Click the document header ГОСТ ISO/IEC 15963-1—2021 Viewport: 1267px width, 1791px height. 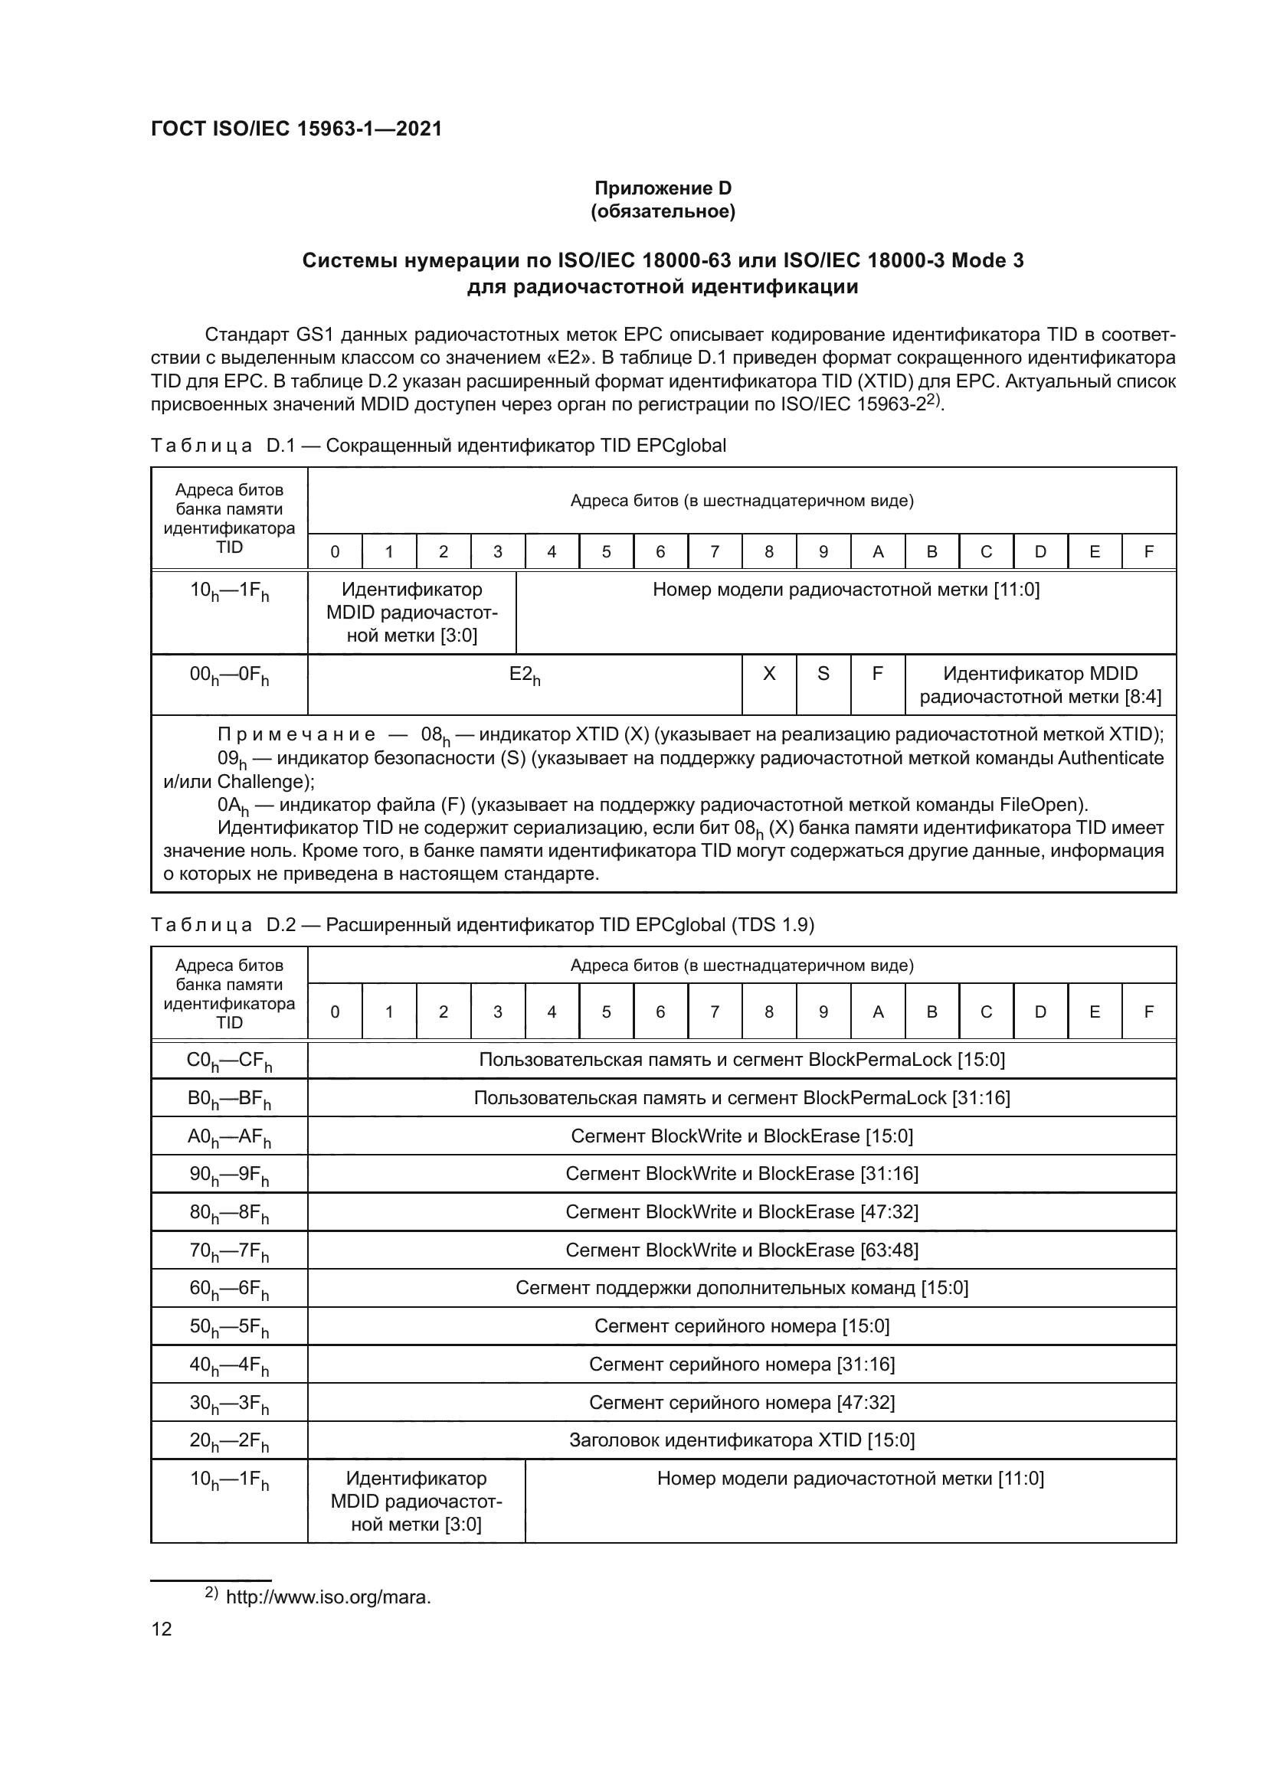tap(296, 129)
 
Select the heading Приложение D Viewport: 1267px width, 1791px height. tap(663, 188)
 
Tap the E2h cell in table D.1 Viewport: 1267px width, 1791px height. tap(524, 675)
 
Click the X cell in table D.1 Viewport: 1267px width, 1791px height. tap(768, 674)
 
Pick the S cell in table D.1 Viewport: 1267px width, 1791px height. tap(823, 674)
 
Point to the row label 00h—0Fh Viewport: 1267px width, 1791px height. tap(229, 675)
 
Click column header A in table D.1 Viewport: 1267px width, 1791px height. tap(878, 552)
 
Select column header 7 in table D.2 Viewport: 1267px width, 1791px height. tap(715, 1012)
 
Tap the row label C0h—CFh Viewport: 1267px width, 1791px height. tap(229, 1061)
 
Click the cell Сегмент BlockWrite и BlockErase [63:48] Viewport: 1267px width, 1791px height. tap(742, 1250)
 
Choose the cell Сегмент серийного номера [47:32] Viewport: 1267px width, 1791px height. tap(742, 1403)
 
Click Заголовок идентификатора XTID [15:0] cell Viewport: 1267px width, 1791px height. tap(742, 1440)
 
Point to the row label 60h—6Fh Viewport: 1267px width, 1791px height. tap(229, 1289)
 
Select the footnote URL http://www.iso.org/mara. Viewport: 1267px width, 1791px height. tap(328, 1597)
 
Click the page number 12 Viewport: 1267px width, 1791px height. tap(162, 1629)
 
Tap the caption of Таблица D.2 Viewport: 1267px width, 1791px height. tap(481, 925)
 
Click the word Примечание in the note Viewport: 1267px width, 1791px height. tap(296, 735)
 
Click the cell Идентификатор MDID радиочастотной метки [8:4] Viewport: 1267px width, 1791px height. tap(1040, 685)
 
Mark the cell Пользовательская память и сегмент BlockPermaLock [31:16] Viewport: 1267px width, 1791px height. tap(742, 1098)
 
